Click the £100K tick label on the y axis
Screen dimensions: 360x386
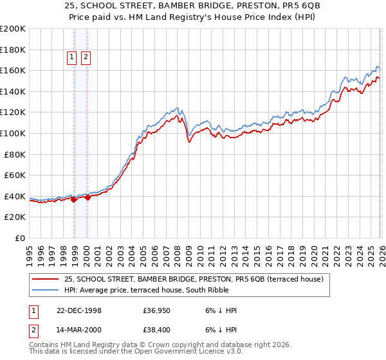[13, 133]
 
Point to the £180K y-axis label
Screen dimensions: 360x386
[13, 50]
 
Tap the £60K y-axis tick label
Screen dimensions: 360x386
[15, 175]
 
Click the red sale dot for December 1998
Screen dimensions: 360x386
[74, 199]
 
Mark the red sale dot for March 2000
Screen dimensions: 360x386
[87, 198]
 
